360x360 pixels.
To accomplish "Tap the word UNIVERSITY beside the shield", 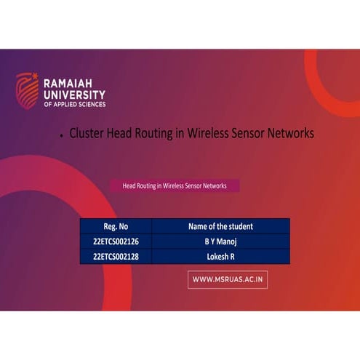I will click(x=74, y=95).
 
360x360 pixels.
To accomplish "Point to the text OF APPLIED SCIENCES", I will click(x=74, y=105).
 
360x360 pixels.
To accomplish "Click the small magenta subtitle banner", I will click(x=175, y=186).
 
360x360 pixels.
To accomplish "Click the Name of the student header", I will click(x=220, y=226).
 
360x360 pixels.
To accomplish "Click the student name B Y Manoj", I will click(x=220, y=241).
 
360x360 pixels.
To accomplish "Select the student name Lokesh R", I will click(x=220, y=257).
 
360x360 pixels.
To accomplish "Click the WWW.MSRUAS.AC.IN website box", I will click(x=228, y=279).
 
